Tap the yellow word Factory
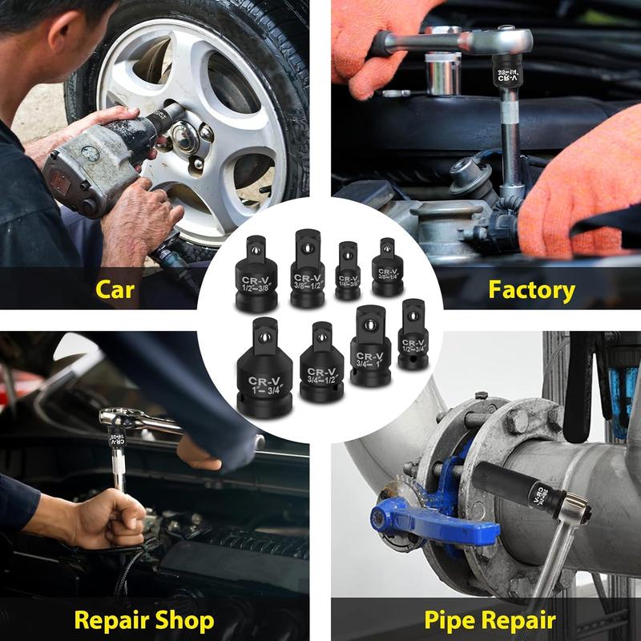click(531, 289)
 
